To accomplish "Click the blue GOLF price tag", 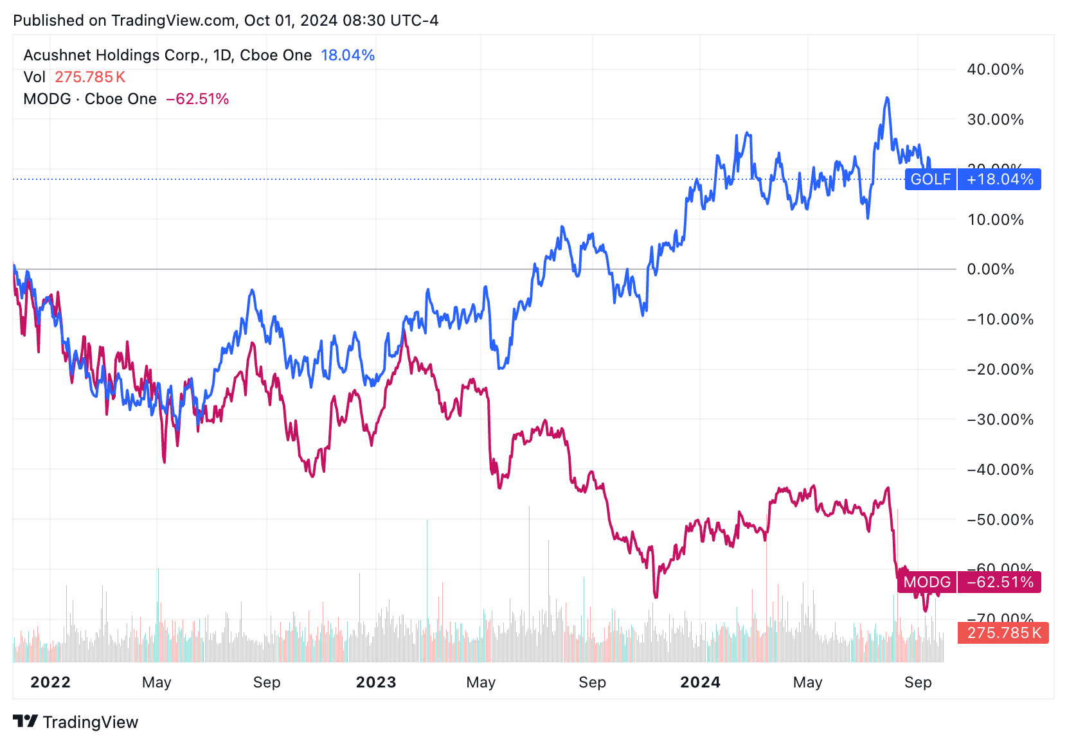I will click(x=930, y=179).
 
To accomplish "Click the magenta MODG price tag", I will click(x=926, y=582).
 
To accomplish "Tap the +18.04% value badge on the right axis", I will click(x=1000, y=179).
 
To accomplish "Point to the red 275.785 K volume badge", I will click(x=1003, y=633).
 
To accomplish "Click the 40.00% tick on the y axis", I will click(x=995, y=69).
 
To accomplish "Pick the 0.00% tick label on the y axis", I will click(x=991, y=269).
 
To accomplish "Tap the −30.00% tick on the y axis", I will click(x=1000, y=420).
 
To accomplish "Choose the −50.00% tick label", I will click(x=1000, y=520).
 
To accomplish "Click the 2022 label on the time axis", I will click(x=50, y=682).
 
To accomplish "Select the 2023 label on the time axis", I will click(x=376, y=682).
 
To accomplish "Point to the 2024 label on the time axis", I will click(x=700, y=682).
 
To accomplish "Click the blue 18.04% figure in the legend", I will click(x=348, y=55).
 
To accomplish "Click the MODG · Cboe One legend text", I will click(x=90, y=99).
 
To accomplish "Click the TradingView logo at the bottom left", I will click(x=76, y=722).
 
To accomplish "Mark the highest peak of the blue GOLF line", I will click(x=887, y=98).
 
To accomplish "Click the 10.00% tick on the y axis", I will click(x=995, y=220).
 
